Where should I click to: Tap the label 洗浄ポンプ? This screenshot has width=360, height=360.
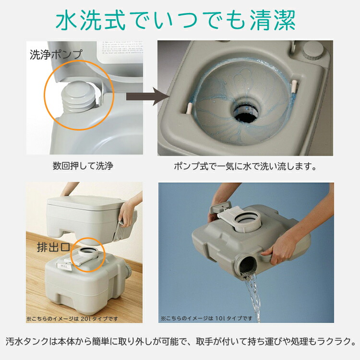point(56,55)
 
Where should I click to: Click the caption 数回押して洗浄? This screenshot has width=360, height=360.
point(83,167)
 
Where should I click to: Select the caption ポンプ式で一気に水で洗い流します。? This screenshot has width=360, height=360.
point(245,167)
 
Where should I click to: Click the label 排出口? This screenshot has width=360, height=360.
point(53,248)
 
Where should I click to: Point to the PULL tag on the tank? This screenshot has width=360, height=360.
point(63,265)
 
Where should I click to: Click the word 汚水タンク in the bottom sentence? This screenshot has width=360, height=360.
point(29,342)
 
